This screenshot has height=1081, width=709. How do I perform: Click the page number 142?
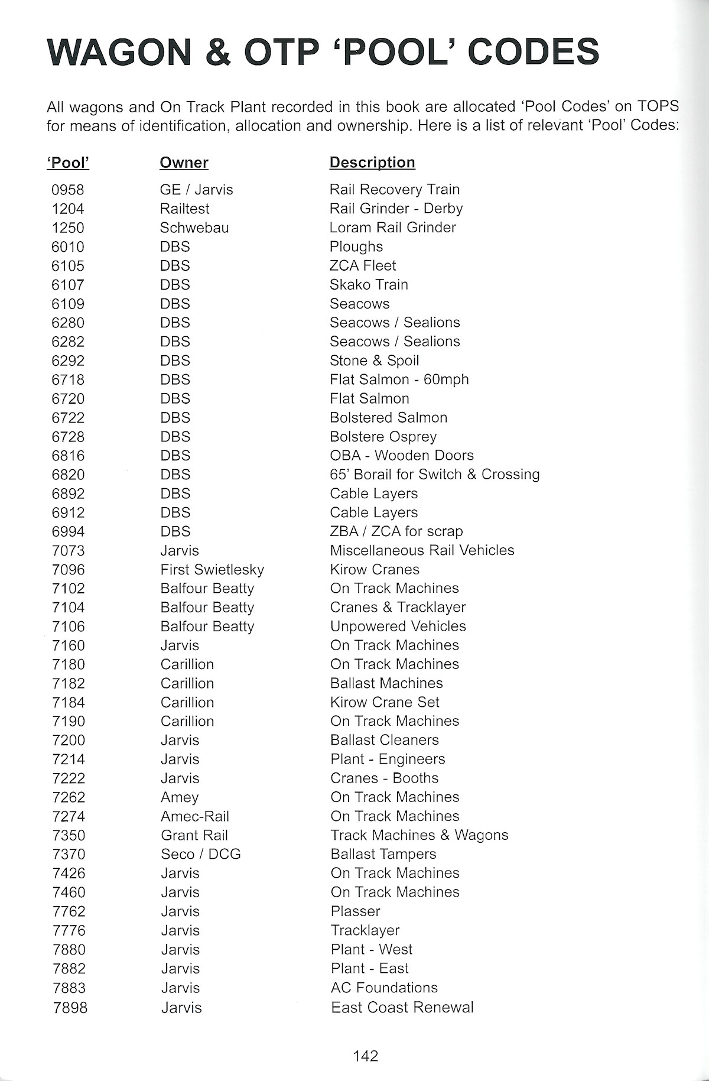(x=365, y=1056)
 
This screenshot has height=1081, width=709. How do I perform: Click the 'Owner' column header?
(x=184, y=163)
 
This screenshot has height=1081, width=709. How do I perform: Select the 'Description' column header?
(x=372, y=163)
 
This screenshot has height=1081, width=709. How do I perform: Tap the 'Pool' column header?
(x=68, y=163)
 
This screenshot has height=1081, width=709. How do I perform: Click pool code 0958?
(x=68, y=190)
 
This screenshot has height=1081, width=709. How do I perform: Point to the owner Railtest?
(x=184, y=209)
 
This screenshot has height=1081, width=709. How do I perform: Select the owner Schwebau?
(x=194, y=228)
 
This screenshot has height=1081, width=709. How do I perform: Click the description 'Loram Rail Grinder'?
(x=393, y=228)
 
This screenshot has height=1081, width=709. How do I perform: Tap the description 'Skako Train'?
(x=369, y=285)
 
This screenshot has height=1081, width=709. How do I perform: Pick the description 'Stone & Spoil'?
(x=374, y=361)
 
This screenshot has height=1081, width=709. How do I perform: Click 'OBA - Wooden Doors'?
(x=402, y=456)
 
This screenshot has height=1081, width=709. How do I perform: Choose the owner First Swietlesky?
(x=212, y=570)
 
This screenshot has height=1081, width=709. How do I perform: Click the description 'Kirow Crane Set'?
(x=385, y=702)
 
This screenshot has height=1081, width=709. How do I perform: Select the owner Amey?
(x=180, y=797)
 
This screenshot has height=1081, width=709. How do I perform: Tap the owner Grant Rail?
(x=194, y=835)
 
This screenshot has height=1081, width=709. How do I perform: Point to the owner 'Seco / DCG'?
(x=201, y=854)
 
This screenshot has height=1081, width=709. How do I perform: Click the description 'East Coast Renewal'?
(x=402, y=1007)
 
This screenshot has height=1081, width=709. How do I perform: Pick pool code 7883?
(x=69, y=988)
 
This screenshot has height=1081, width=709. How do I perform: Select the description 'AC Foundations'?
(x=384, y=988)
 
